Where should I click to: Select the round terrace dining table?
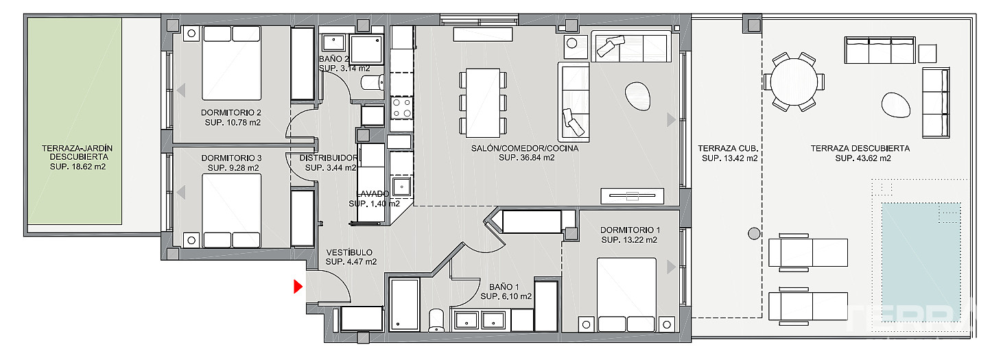coord(794,82)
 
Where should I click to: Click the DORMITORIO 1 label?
coord(630,230)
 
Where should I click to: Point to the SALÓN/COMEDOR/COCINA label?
coord(525,148)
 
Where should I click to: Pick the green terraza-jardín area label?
coord(77,152)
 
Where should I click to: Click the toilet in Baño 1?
coord(436,321)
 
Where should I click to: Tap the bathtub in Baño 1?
coord(404,304)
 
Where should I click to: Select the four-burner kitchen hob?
coord(401,108)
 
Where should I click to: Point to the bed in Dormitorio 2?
coord(231,62)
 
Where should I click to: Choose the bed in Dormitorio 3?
coord(231,211)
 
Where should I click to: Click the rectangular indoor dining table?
coord(483,103)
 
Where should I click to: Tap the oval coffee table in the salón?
coord(638,96)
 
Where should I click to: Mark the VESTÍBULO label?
coord(349,252)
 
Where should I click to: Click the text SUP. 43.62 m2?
coord(863,158)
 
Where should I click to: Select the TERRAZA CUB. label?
coord(728,148)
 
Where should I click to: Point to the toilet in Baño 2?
coord(373,82)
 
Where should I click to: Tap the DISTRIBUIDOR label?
coord(329,158)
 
